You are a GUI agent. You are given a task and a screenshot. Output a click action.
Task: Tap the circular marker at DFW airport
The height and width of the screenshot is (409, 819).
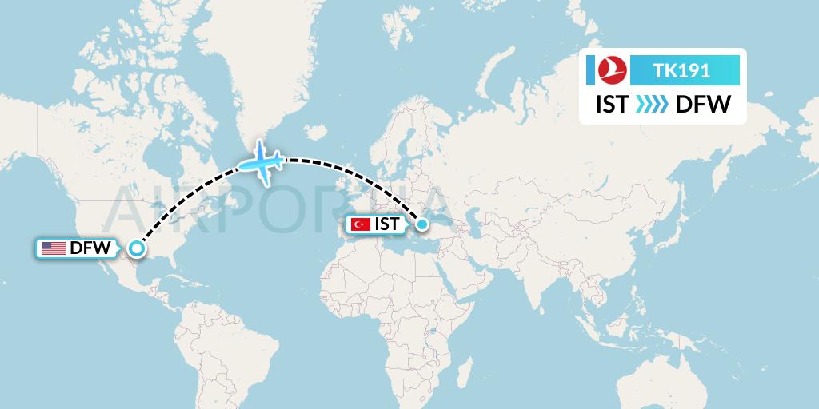pos(137,249)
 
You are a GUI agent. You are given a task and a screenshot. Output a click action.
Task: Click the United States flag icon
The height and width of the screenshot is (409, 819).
pos(54,248)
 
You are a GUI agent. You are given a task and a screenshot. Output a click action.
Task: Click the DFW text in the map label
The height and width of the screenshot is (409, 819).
pos(90,248)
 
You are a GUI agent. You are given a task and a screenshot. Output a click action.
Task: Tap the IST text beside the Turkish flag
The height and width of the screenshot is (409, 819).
pos(387,225)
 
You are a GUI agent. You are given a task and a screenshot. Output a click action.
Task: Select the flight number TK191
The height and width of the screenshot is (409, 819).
pos(681,70)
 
